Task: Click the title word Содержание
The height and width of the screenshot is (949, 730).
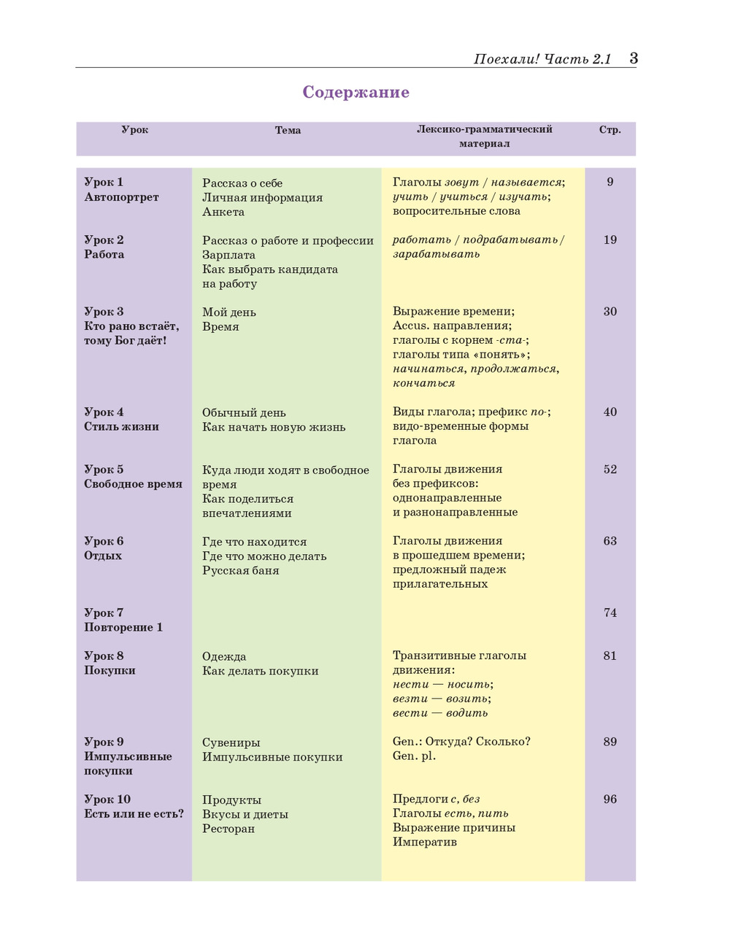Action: (356, 92)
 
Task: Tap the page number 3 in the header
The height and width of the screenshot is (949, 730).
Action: (633, 58)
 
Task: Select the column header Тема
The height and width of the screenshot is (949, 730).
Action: (288, 130)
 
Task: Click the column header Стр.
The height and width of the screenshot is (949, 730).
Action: (610, 130)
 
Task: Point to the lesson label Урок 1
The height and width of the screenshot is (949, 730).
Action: (104, 182)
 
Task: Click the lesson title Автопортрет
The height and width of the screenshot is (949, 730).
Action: (121, 197)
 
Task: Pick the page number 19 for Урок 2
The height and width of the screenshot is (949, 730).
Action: (610, 239)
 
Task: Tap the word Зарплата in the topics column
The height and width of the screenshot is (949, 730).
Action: (228, 255)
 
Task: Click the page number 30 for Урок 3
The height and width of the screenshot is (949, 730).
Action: (610, 312)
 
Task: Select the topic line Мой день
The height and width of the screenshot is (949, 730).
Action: (229, 312)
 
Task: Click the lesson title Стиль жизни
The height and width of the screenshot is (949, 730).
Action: (121, 426)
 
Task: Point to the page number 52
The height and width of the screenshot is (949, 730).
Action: (610, 469)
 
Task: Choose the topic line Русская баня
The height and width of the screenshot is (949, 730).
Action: (241, 570)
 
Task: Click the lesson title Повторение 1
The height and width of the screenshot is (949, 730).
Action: (123, 627)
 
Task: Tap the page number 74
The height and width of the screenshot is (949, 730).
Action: (610, 612)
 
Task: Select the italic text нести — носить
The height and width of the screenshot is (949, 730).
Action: (442, 684)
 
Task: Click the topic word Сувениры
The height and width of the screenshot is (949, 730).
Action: (231, 742)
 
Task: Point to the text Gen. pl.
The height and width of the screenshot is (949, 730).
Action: (414, 756)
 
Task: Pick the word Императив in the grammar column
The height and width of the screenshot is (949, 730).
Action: (425, 842)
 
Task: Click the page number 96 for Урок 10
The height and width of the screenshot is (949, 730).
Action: (610, 799)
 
